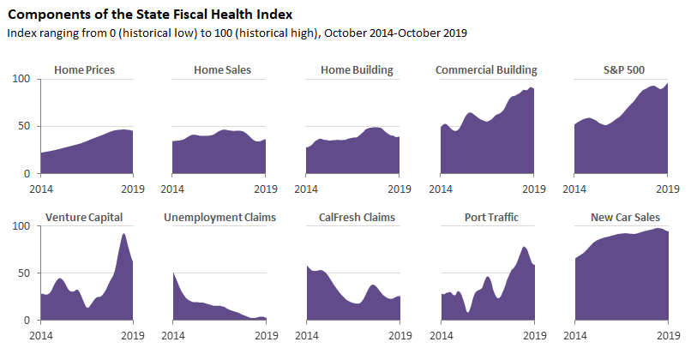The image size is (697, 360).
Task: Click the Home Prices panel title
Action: coord(84,70)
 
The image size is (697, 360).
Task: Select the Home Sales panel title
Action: coord(222,70)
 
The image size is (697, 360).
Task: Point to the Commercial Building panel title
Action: coord(486,70)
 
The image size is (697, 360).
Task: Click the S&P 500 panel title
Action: coord(621,70)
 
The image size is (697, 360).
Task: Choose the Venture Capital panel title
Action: coord(84,218)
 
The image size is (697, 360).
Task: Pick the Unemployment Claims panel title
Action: coord(219,218)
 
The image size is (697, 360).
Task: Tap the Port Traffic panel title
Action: coord(488,218)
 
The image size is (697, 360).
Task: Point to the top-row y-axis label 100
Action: coord(21,80)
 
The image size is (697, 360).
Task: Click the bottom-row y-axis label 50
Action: coord(24,273)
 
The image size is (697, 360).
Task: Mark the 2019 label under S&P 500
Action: coord(667,187)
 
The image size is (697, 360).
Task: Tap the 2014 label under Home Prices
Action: coord(39,187)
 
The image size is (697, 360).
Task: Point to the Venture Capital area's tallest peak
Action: coord(124,234)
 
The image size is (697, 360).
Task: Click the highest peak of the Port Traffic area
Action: coord(524,248)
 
